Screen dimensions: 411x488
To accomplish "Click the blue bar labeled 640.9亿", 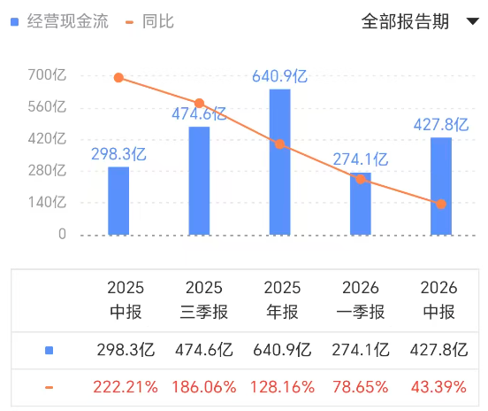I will (x=279, y=162).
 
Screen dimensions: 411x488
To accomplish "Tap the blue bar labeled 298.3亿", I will (x=118, y=201).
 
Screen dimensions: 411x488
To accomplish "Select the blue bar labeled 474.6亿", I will (x=199, y=181).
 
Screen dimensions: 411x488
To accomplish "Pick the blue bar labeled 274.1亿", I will (x=360, y=205).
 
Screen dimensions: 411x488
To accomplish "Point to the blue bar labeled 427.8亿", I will (x=440, y=186).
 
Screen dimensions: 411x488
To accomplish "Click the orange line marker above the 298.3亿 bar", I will (x=118, y=78).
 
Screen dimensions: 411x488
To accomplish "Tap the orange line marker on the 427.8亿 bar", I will (x=441, y=205).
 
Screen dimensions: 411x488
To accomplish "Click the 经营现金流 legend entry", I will (x=60, y=21).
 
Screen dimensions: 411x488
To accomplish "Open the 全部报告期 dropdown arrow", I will (x=471, y=22).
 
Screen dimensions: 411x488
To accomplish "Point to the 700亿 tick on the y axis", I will (x=47, y=76).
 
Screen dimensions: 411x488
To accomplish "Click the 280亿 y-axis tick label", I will (x=47, y=171).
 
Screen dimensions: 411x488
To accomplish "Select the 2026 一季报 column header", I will (x=360, y=299).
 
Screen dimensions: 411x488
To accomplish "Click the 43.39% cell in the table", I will (x=438, y=387).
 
